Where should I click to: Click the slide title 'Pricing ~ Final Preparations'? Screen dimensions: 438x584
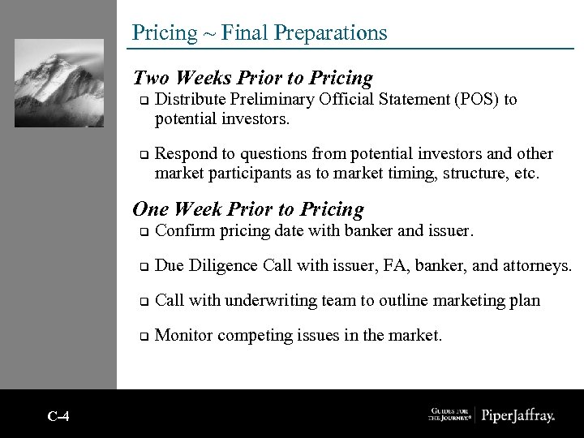[x=260, y=32]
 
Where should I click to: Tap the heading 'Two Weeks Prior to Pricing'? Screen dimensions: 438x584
[x=252, y=78]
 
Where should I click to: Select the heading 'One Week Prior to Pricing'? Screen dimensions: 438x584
[x=247, y=209]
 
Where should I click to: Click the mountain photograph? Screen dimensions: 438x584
[x=59, y=83]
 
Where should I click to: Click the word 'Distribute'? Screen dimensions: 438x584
[x=189, y=100]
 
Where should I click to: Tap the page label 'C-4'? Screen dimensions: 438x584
[x=58, y=417]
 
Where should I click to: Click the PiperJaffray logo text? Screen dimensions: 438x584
[x=518, y=416]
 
